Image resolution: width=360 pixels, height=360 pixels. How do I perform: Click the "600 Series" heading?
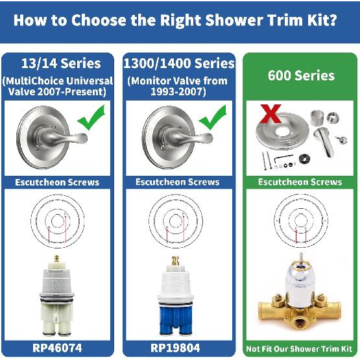(300, 75)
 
